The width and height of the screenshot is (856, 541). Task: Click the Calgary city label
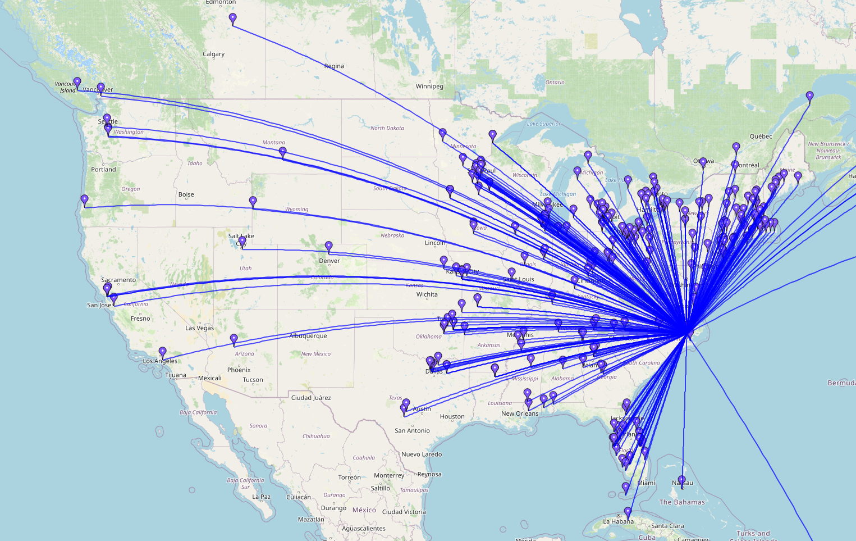tap(213, 54)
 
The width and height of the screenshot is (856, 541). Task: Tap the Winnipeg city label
tap(429, 87)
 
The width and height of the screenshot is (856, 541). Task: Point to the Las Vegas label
tap(199, 328)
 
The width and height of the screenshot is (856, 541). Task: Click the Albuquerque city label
tap(308, 336)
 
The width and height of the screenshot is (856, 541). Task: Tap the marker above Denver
tap(329, 247)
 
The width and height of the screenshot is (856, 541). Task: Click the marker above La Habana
tap(628, 512)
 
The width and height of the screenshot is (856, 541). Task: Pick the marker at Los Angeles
tap(163, 352)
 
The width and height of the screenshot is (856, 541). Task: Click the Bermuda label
tap(841, 383)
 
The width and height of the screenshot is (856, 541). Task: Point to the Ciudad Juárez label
tap(310, 398)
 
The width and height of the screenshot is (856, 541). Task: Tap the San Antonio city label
tap(412, 431)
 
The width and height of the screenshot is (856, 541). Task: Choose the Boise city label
tap(186, 194)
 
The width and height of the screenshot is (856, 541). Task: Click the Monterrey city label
tap(388, 475)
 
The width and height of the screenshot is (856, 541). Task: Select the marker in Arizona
tap(234, 339)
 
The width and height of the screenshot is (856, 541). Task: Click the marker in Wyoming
tap(253, 202)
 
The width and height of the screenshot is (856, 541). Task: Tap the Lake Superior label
tap(543, 124)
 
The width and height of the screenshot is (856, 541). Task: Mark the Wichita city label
tap(427, 294)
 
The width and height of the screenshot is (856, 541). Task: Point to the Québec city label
tap(761, 137)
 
